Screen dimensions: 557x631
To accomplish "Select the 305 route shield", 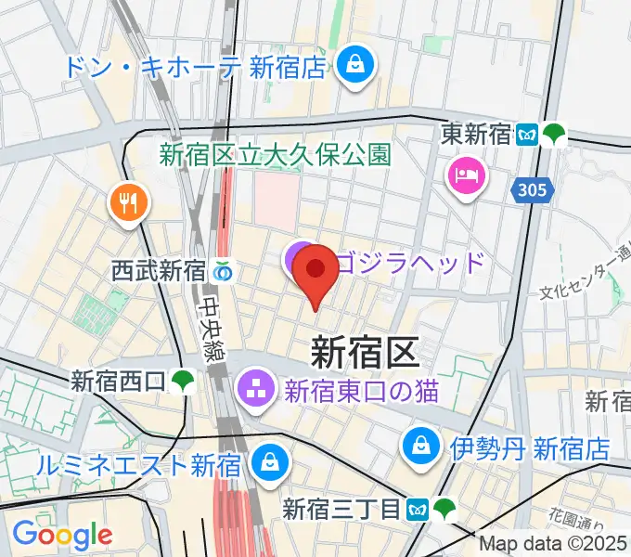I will coord(534,190).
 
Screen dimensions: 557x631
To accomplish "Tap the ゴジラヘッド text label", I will coord(410,260).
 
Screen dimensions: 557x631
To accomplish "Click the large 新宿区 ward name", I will coord(365,352).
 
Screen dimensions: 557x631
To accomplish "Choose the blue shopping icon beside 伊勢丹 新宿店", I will coord(421,449).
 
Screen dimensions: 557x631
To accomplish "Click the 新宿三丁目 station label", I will coord(342,510).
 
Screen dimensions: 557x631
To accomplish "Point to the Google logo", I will coord(62,535).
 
